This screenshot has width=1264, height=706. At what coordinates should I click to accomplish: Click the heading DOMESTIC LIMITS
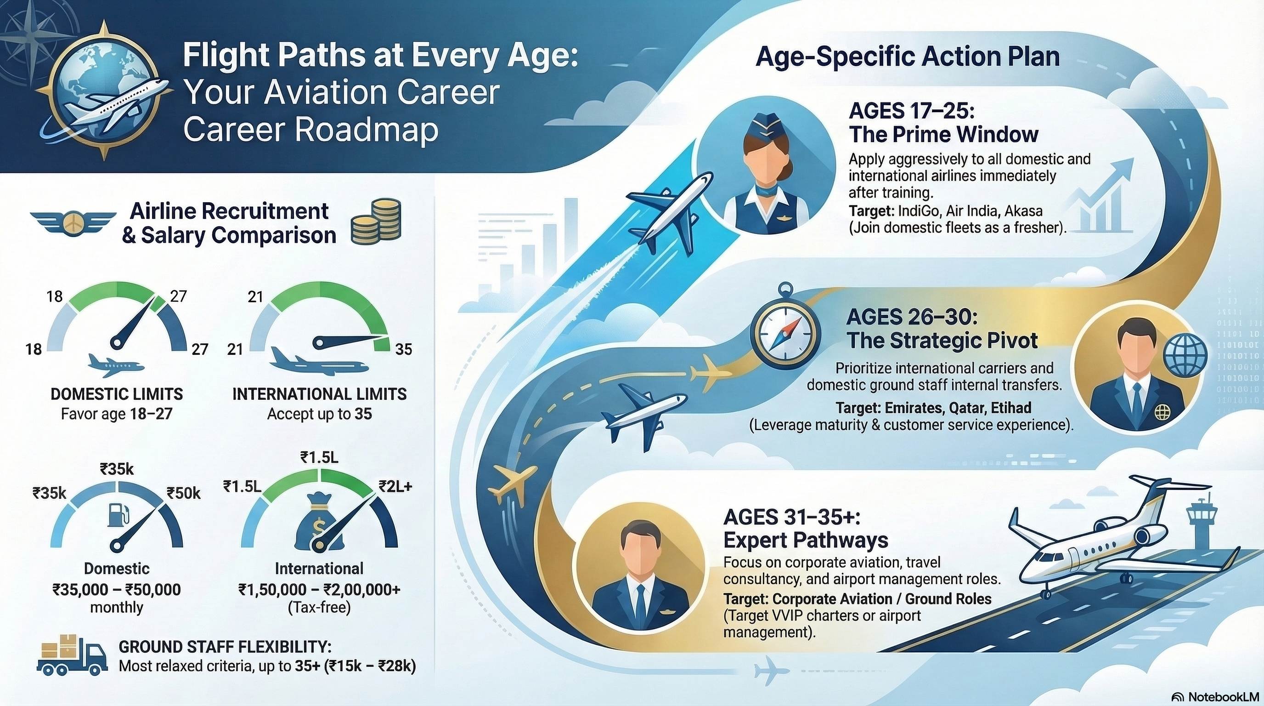click(x=117, y=394)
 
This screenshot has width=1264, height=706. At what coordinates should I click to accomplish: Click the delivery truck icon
click(x=72, y=655)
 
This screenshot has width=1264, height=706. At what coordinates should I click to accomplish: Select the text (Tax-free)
click(x=319, y=608)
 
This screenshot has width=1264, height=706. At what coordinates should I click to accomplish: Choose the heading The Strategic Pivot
click(x=942, y=340)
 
